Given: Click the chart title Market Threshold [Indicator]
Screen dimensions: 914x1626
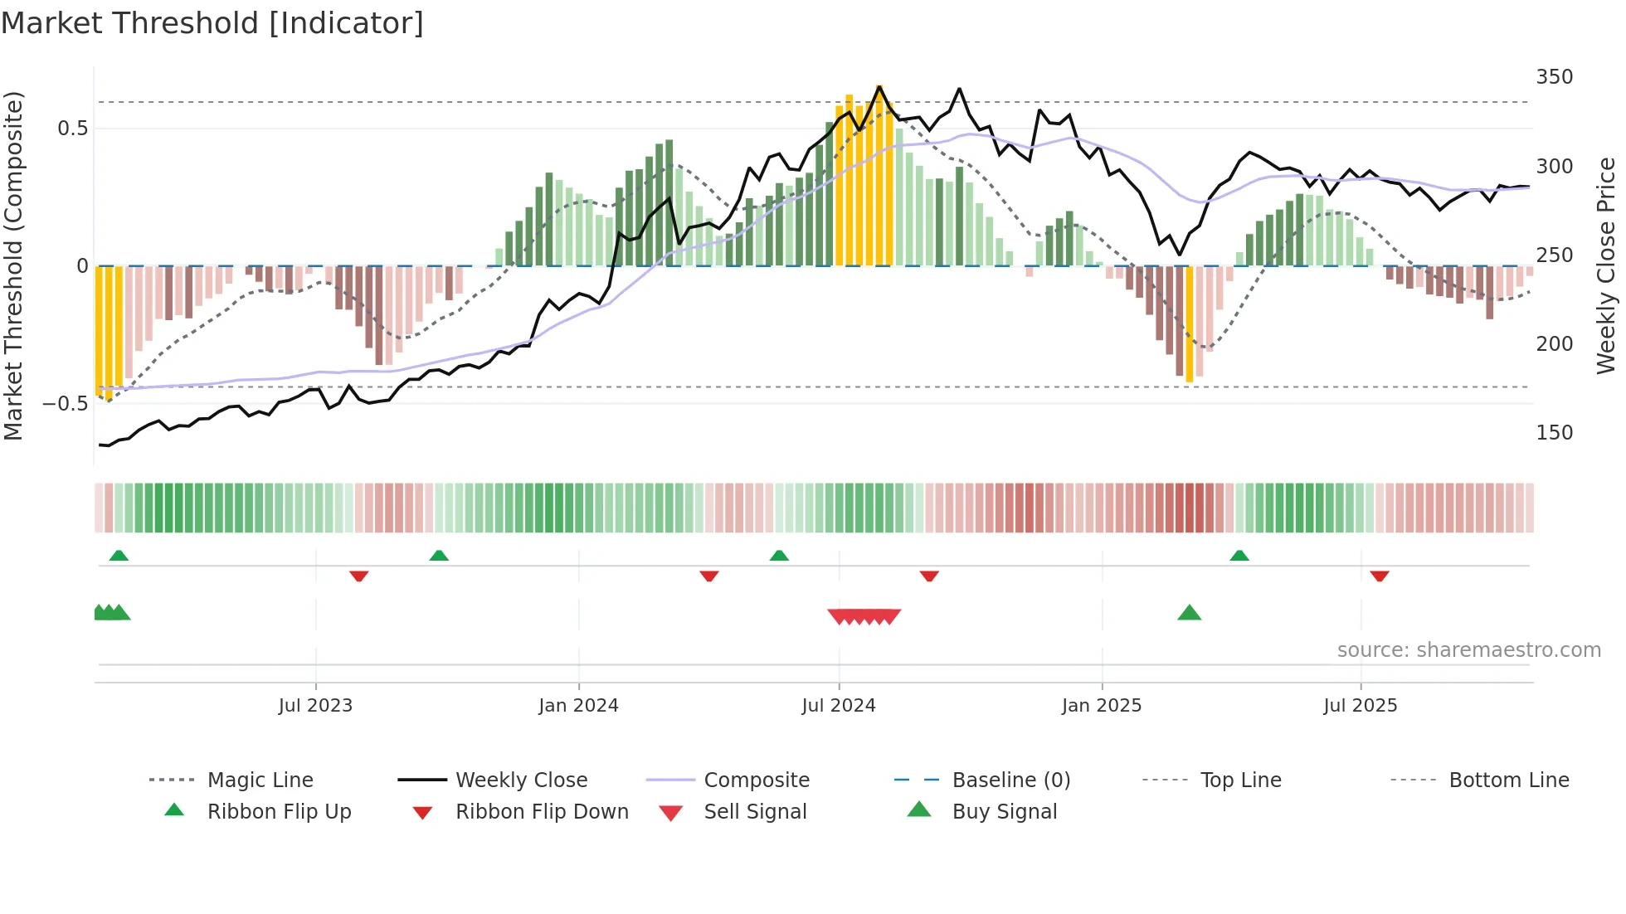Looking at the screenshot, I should pos(212,23).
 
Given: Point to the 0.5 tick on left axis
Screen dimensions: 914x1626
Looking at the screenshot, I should pos(72,129).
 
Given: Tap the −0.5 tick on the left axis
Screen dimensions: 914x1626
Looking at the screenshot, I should pos(66,404).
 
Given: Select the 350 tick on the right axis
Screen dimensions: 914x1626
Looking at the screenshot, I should pos(1554,77).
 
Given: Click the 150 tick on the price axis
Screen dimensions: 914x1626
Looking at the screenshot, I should pos(1554,433).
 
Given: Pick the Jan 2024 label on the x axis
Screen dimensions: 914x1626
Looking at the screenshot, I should pos(578,706).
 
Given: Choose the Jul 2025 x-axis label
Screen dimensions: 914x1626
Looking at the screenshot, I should pos(1360,706).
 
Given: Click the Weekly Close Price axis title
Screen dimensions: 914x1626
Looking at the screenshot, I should pos(1606,265).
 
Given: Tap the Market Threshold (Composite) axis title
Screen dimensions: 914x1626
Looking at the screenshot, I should pos(13,265).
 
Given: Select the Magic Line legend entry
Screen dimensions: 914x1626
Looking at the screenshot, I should pos(260,780).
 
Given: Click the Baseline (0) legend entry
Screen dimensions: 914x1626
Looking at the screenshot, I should pos(1010,780).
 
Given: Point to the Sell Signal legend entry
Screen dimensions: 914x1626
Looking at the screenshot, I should pos(754,812).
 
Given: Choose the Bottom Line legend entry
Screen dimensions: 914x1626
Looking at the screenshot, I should pos(1508,780).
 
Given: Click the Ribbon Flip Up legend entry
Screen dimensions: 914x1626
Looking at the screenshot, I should pos(279,812).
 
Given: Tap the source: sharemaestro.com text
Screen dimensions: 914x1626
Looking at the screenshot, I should pos(1468,650).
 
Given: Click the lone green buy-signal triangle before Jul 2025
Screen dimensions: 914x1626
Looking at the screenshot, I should pos(1189,613).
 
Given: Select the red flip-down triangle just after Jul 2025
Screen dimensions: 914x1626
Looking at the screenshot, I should pos(1380,576).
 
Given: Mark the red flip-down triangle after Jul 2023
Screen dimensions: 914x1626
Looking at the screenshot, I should pos(358,576).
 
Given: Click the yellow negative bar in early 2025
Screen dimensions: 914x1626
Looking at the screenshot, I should pos(1190,323).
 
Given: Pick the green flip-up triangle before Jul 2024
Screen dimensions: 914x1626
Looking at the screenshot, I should pos(779,556).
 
